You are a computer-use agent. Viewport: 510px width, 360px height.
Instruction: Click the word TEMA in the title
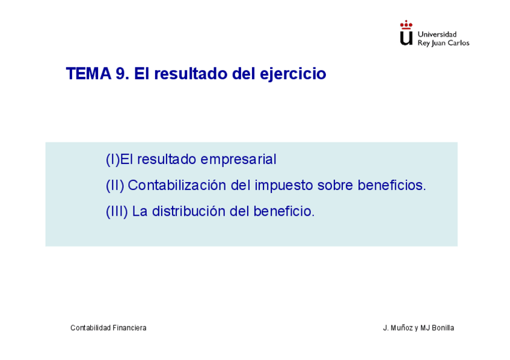[x=88, y=73]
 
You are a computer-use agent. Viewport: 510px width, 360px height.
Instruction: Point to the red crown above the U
[x=406, y=25]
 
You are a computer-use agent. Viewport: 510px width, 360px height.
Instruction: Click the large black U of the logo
[x=406, y=38]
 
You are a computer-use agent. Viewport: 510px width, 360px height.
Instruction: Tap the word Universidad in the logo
[x=437, y=34]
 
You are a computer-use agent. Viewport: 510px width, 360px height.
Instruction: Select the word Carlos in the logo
[x=459, y=43]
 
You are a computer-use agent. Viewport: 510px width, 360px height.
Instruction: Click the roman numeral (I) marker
[x=113, y=159]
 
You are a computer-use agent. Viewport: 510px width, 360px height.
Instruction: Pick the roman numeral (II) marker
[x=115, y=185]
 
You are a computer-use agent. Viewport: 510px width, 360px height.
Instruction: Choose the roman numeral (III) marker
[x=117, y=211]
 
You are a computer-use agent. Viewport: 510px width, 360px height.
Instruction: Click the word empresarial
[x=238, y=159]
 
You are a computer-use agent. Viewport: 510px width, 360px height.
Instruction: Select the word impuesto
[x=284, y=186]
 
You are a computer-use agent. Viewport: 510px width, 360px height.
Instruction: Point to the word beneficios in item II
[x=392, y=185]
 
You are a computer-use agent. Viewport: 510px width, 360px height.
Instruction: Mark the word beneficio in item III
[x=284, y=211]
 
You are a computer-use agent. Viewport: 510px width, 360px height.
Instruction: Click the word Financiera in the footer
[x=129, y=328]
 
